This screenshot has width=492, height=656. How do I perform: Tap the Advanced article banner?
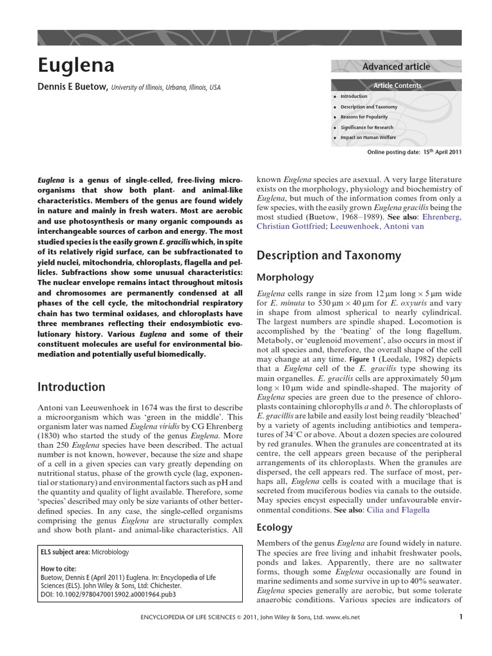point(396,67)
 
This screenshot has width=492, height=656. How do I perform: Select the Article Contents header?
point(397,85)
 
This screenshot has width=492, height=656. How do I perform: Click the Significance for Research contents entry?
point(366,127)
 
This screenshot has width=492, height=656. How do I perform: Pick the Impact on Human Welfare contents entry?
point(368,138)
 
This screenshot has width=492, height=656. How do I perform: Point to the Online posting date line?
point(413,152)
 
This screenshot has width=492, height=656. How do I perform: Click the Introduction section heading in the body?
point(71,387)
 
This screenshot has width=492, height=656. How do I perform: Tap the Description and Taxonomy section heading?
point(329,256)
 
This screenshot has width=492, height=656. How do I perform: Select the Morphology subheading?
point(285,277)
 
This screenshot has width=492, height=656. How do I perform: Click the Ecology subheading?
point(274,527)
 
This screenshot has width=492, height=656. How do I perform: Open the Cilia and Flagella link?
point(399,510)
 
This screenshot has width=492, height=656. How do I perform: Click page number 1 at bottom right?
point(461,618)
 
